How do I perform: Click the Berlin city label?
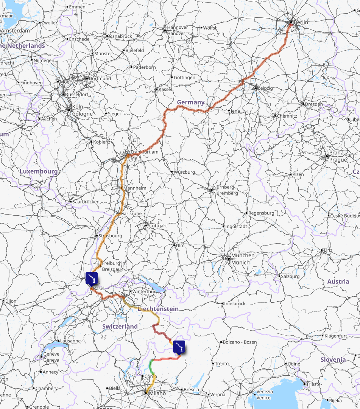[x=301, y=23]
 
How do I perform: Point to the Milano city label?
[x=157, y=393]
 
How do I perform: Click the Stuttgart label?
[x=157, y=225]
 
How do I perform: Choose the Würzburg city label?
[x=185, y=172]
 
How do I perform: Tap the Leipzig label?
[x=266, y=88]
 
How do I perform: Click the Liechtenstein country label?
[x=158, y=309]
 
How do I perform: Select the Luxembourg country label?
[x=39, y=171]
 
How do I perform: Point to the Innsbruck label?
[x=235, y=303]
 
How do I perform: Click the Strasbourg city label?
[x=110, y=236]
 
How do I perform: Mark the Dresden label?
[x=314, y=104]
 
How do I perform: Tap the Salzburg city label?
[x=290, y=277]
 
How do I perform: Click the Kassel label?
[x=165, y=90]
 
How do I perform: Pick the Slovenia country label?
[x=333, y=359]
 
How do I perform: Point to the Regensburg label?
[x=261, y=213]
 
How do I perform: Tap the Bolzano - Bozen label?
[x=240, y=342]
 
